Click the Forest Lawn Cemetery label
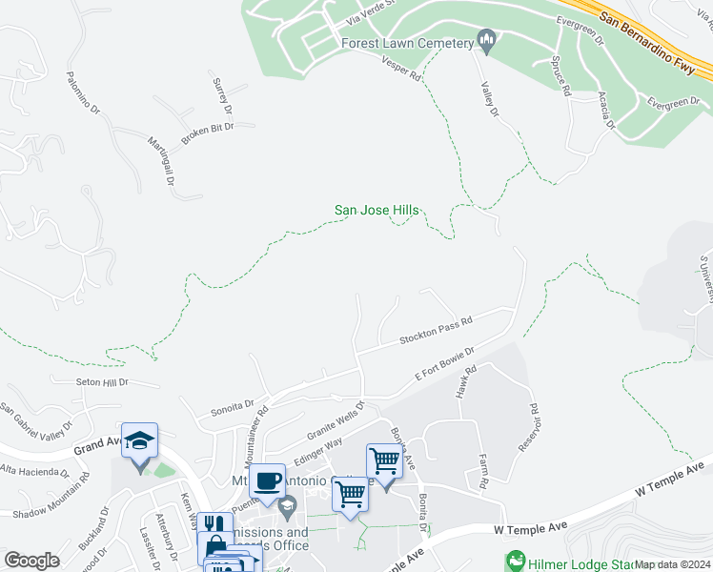(407, 43)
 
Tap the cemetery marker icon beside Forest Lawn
(487, 39)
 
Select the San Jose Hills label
(377, 211)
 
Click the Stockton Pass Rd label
(437, 332)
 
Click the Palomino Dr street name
(83, 90)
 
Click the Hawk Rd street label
(464, 385)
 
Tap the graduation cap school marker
(140, 440)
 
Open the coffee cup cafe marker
(267, 480)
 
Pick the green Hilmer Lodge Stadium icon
(516, 559)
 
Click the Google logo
(32, 561)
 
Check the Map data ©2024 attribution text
(671, 564)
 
